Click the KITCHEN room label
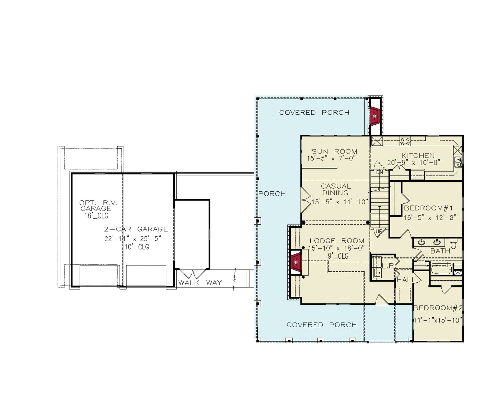pos(418,156)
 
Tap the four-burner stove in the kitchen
pos(405,141)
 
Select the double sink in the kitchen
pos(458,162)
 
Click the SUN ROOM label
pos(334,151)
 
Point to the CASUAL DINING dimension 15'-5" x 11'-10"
pos(339,202)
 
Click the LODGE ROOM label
pos(337,241)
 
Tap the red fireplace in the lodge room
pos(296,262)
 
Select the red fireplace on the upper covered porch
pos(374,116)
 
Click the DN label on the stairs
pos(379,172)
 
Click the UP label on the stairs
pos(379,231)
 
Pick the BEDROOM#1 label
pos(428,208)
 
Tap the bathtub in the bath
pos(441,269)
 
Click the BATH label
pos(440,251)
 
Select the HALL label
pos(406,280)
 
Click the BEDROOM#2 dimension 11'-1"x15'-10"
pos(438,320)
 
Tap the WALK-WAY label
pos(200,283)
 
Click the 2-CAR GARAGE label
pos(136,229)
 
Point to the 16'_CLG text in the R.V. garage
pos(96,216)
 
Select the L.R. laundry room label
pos(388,266)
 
